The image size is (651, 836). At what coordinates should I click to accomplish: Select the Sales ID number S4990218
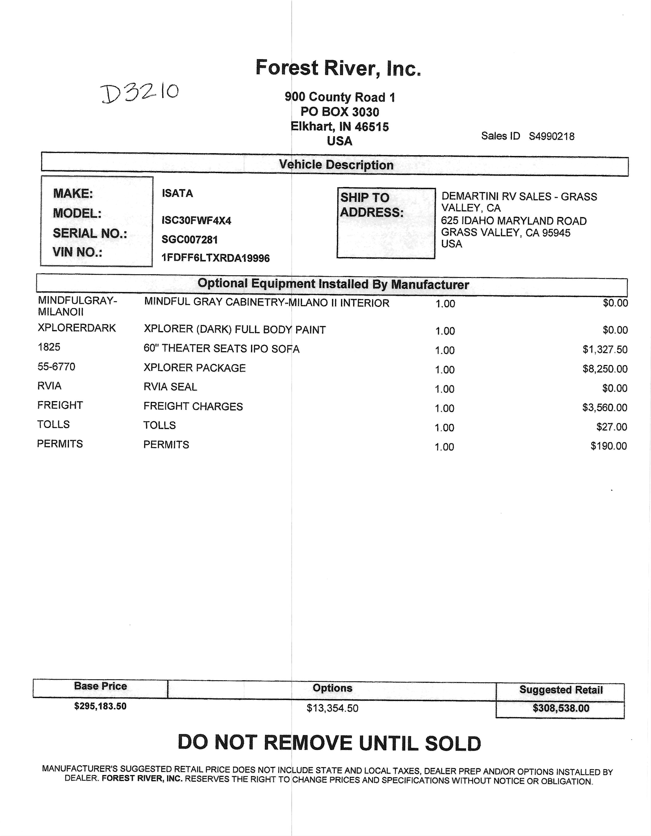pyautogui.click(x=551, y=136)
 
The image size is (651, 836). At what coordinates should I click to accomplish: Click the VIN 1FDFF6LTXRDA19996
pyautogui.click(x=215, y=258)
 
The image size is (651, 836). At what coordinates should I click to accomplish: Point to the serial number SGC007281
pyautogui.click(x=190, y=240)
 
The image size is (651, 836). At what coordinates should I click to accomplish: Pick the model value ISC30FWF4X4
pyautogui.click(x=196, y=221)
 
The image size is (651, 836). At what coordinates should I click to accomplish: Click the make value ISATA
pyautogui.click(x=177, y=193)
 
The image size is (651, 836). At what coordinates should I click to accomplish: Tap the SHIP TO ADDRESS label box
pyautogui.click(x=386, y=223)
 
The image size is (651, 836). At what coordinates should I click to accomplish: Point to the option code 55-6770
pyautogui.click(x=56, y=367)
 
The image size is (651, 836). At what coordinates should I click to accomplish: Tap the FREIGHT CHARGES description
pyautogui.click(x=193, y=406)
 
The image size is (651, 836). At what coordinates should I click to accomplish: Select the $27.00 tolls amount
pyautogui.click(x=611, y=426)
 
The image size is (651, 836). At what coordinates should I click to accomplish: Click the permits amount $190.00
pyautogui.click(x=609, y=446)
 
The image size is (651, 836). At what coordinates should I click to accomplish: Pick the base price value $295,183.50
pyautogui.click(x=100, y=706)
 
